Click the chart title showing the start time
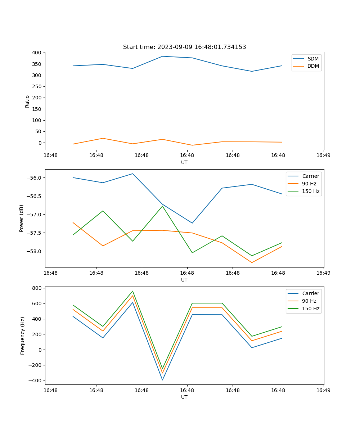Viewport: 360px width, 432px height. [184, 47]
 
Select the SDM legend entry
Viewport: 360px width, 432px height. [313, 59]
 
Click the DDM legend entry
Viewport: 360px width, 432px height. [313, 66]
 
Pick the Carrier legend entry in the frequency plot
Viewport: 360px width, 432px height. [310, 293]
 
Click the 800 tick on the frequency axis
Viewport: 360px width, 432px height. [37, 288]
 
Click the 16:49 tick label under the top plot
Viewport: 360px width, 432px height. [323, 156]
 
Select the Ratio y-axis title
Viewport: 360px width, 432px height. [27, 101]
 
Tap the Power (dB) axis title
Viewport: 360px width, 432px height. [22, 218]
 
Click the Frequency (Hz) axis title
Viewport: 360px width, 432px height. [23, 336]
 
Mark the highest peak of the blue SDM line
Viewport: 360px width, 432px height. [162, 56]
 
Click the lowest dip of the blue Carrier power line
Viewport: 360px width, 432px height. [192, 223]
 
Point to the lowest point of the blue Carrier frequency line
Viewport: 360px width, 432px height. [162, 380]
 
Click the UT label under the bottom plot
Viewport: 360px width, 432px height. [184, 397]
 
